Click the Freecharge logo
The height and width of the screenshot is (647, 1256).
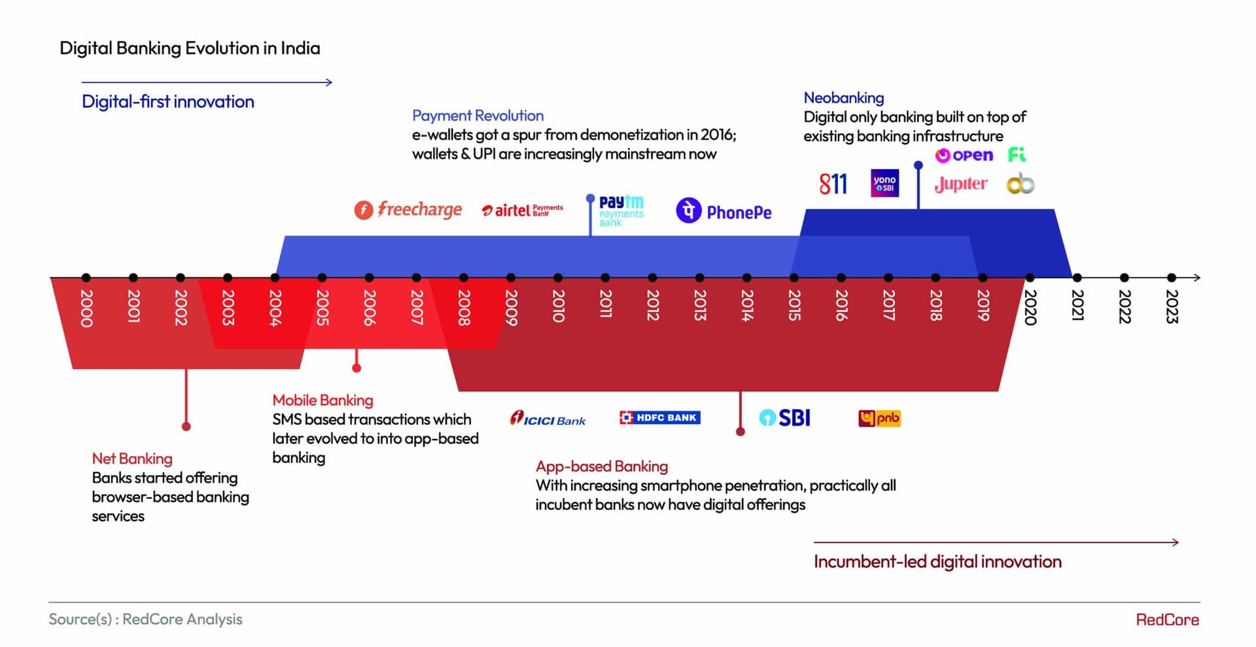tap(408, 209)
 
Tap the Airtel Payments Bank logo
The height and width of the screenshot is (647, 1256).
tap(522, 210)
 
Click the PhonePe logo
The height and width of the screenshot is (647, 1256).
tap(724, 211)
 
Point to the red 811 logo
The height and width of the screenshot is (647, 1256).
tap(833, 184)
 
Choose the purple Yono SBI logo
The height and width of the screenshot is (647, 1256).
tap(884, 183)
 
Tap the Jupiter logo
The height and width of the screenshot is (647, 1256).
tap(960, 184)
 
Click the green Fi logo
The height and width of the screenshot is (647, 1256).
tap(1017, 154)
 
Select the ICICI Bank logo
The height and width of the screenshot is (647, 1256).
tap(548, 419)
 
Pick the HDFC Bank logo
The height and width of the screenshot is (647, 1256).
tap(659, 417)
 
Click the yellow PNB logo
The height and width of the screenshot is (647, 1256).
tap(879, 418)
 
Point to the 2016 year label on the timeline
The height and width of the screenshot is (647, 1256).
tap(841, 306)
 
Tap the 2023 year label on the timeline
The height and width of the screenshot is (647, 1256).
tap(1172, 306)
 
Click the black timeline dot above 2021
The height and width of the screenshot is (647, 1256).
tap(1077, 277)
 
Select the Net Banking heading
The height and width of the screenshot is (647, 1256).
tap(132, 459)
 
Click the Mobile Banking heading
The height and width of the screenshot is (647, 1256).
tap(323, 400)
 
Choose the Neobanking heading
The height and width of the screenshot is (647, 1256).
tap(843, 98)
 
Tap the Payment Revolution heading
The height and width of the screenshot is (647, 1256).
tap(478, 116)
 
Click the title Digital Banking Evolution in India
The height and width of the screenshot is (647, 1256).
tap(190, 48)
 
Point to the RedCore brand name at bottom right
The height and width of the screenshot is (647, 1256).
tap(1167, 620)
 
